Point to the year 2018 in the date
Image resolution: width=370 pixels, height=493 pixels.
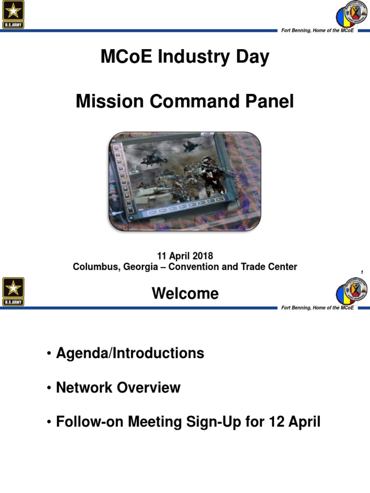(x=202, y=256)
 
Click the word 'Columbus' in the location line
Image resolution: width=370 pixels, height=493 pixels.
(x=92, y=266)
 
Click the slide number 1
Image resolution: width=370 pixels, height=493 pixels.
(x=361, y=273)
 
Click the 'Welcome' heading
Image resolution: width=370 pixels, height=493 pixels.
(x=185, y=294)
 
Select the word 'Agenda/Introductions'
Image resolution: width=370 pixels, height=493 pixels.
(x=130, y=353)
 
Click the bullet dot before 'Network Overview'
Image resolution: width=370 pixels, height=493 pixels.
(x=49, y=388)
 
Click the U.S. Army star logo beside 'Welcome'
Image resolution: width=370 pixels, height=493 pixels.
(x=13, y=291)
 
